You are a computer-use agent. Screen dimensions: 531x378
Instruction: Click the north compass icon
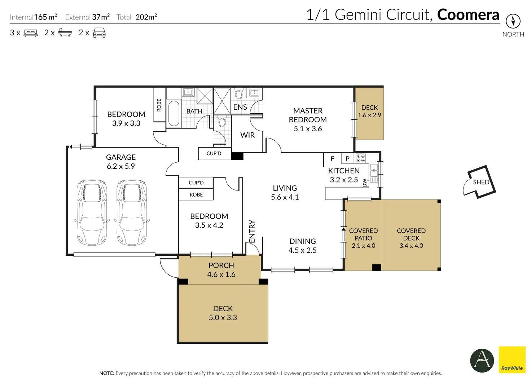coord(513,21)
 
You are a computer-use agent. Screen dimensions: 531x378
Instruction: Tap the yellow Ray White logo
coord(512,360)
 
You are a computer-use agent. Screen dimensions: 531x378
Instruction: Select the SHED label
coord(481,182)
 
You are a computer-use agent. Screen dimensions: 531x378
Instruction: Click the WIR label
coord(247,135)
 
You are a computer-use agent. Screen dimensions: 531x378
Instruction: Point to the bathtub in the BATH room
coord(174,114)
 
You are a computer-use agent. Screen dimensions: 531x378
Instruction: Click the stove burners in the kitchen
coord(361,158)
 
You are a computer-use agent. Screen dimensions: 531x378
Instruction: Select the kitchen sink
coord(374,173)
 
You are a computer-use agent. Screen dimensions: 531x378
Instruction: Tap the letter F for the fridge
coord(332,159)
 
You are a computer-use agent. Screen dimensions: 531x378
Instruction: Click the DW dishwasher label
coord(365,183)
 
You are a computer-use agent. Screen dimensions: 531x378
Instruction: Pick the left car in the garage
coord(92,212)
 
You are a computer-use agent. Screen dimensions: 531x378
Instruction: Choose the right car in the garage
coord(132,212)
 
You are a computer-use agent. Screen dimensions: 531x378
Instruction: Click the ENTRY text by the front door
coord(252,231)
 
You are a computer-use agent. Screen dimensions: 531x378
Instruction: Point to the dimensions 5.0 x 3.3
coord(223,317)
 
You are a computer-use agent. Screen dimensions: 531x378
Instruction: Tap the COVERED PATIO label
coord(363,234)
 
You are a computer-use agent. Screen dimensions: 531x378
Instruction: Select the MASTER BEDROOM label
coord(308,115)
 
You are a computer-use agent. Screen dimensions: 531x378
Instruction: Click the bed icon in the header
coord(31,33)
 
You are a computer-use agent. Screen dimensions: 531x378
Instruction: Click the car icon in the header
coord(99,33)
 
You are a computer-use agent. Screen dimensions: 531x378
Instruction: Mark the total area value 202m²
coord(146,17)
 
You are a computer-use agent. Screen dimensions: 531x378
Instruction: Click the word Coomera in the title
coord(468,15)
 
